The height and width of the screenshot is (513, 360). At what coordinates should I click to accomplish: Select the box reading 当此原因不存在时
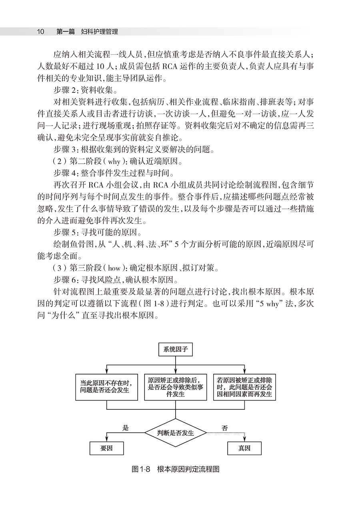(107, 387)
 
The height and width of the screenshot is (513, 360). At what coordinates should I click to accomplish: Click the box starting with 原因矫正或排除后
(176, 387)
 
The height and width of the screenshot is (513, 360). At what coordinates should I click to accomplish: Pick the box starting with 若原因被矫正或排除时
(245, 387)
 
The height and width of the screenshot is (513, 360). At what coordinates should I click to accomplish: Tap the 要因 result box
(106, 448)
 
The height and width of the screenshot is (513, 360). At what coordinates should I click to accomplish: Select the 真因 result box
(244, 448)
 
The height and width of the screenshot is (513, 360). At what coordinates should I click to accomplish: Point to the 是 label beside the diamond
(125, 428)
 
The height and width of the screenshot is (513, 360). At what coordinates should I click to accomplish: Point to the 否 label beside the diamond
(225, 428)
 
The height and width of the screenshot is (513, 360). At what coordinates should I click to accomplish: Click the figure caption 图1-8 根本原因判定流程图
(176, 469)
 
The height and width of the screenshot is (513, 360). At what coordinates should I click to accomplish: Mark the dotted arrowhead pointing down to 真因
(244, 439)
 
